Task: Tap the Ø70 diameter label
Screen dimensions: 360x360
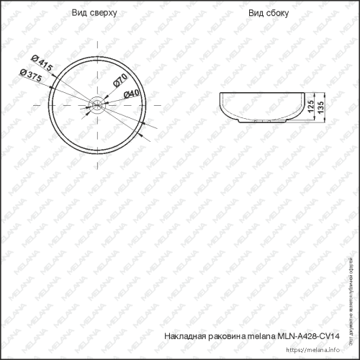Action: [x=120, y=81]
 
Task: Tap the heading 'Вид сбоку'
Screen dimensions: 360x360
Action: [x=268, y=14]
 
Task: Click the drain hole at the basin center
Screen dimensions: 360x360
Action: [x=96, y=105]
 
